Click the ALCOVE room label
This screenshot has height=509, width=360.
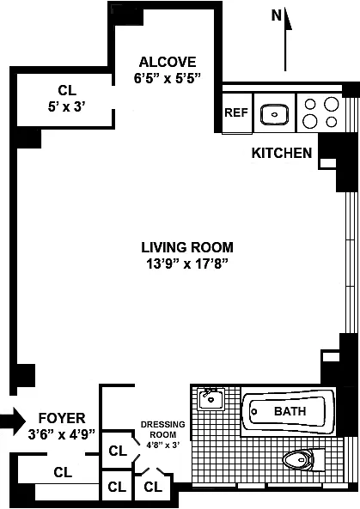pyautogui.click(x=168, y=62)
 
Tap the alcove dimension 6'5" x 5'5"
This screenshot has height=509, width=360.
pyautogui.click(x=168, y=78)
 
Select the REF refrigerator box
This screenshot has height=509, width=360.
pyautogui.click(x=237, y=113)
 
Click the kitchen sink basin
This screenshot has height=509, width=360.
pyautogui.click(x=275, y=114)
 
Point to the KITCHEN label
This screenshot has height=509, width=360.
pyautogui.click(x=282, y=153)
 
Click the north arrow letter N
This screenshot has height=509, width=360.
pyautogui.click(x=277, y=15)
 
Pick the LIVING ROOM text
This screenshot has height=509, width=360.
pyautogui.click(x=187, y=247)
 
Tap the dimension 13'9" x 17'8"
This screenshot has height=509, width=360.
pyautogui.click(x=187, y=264)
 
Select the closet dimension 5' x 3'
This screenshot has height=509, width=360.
pyautogui.click(x=67, y=106)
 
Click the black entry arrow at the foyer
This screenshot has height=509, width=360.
pyautogui.click(x=13, y=421)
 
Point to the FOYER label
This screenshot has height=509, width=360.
pyautogui.click(x=62, y=418)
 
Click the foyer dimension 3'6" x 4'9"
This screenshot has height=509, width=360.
pyautogui.click(x=62, y=434)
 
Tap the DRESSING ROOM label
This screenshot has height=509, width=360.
pyautogui.click(x=162, y=429)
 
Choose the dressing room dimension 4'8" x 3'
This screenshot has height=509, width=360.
pyautogui.click(x=162, y=445)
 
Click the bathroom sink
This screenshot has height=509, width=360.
pyautogui.click(x=211, y=399)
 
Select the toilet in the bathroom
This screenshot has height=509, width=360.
pyautogui.click(x=303, y=460)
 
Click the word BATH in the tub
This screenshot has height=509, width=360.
pyautogui.click(x=290, y=411)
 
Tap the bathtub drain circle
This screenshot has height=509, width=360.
pyautogui.click(x=254, y=412)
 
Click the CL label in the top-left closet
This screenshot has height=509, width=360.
pyautogui.click(x=67, y=90)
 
